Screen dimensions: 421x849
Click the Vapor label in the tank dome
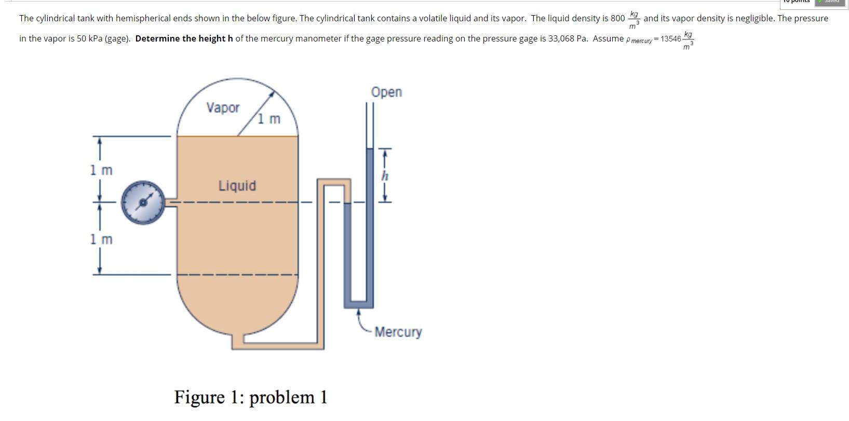click(x=223, y=107)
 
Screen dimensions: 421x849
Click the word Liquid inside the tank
click(x=237, y=185)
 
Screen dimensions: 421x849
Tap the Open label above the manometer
click(x=386, y=92)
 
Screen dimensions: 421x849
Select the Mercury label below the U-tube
click(x=398, y=332)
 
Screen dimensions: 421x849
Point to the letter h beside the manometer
click(x=385, y=176)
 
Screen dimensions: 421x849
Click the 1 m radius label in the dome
click(x=269, y=119)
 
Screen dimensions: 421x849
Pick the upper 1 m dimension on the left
click(x=101, y=170)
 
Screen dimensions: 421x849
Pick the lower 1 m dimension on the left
click(x=101, y=239)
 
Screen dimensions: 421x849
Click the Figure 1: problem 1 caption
click(x=251, y=397)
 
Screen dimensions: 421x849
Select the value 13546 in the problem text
click(x=670, y=38)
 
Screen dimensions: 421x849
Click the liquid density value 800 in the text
click(x=618, y=18)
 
